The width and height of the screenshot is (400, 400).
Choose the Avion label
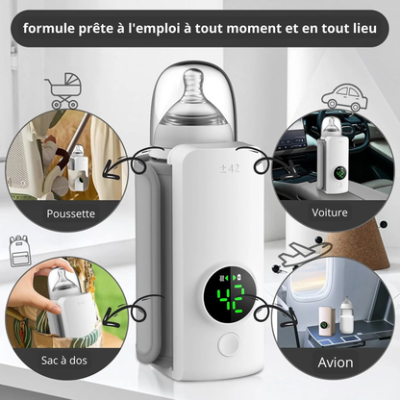pyautogui.click(x=336, y=363)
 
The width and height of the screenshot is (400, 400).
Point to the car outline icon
pyautogui.click(x=342, y=96)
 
